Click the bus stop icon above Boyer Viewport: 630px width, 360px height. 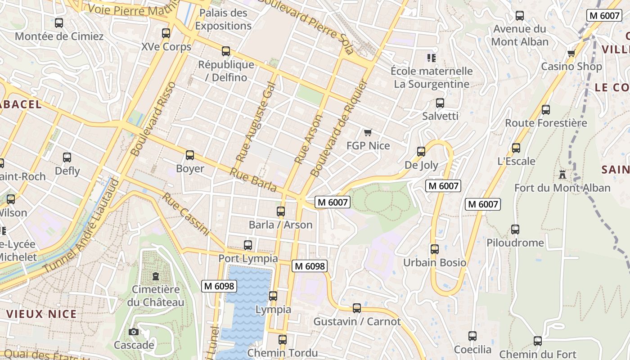pos(190,155)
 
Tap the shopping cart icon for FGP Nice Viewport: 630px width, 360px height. pos(368,132)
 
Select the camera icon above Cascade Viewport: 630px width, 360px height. pos(134,332)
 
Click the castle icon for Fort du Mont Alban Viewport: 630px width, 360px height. pos(562,174)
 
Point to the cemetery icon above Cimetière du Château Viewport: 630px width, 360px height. pos(156,276)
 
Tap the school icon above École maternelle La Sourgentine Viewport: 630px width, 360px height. pos(432,58)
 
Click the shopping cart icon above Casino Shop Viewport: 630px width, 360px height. pos(571,53)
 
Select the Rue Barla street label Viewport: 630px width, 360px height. pos(252,180)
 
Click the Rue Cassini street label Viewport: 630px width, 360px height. pos(186,214)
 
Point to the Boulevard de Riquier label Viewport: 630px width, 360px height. pos(339,129)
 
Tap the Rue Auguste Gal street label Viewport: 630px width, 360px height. pos(255,122)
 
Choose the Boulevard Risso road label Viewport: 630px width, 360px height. pos(153,119)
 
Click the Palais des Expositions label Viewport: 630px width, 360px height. pos(223,19)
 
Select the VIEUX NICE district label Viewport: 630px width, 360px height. pos(41,314)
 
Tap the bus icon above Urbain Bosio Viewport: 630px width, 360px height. pos(434,249)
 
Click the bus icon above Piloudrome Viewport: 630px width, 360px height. pos(515,229)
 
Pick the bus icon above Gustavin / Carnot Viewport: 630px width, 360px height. pos(357,308)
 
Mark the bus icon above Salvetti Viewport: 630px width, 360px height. pos(440,103)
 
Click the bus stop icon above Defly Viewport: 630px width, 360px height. pos(67,157)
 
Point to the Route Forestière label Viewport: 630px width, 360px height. pos(546,123)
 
